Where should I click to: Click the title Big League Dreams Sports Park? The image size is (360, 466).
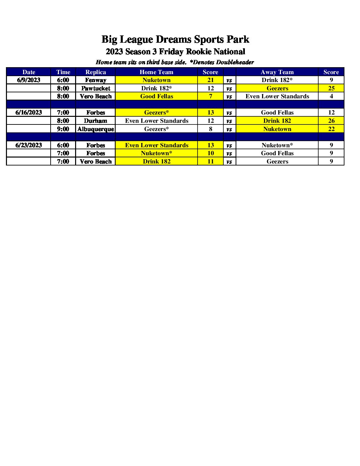[175, 39]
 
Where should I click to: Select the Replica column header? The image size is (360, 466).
[96, 72]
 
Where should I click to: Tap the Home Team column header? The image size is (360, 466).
[157, 72]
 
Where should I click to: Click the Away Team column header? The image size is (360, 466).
[277, 72]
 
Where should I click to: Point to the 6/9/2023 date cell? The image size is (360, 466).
[29, 80]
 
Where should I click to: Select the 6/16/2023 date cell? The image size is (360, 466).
[29, 113]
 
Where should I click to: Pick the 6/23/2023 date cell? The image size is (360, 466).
[29, 145]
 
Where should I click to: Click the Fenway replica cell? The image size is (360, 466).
[96, 80]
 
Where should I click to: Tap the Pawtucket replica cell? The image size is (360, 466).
[96, 88]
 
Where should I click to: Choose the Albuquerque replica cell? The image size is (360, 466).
[96, 129]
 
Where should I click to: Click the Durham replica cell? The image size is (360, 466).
[96, 121]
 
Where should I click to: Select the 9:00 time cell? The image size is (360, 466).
[63, 129]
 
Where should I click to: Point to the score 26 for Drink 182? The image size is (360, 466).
[331, 121]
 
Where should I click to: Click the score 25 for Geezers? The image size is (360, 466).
[331, 88]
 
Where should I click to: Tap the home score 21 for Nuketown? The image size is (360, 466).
[210, 80]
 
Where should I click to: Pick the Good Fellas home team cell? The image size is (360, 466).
[157, 96]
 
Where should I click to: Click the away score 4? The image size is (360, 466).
[331, 96]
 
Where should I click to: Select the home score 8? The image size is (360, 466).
[210, 129]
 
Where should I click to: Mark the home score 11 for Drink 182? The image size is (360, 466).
[210, 162]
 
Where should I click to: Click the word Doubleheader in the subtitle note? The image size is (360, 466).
[235, 62]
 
